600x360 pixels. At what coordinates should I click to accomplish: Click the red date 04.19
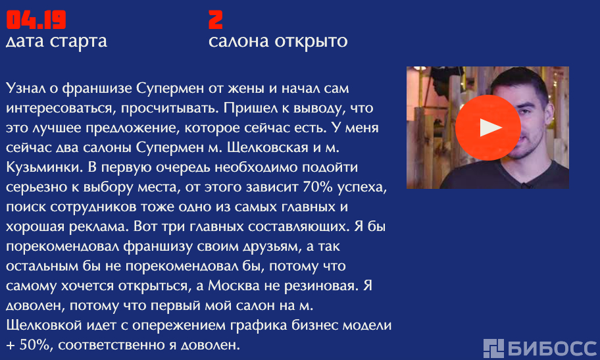point(36,20)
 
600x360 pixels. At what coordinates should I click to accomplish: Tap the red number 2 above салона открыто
point(215,20)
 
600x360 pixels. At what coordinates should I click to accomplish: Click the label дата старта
point(57,41)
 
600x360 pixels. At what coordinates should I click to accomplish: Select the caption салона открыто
point(278,41)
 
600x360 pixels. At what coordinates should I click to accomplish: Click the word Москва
point(234,286)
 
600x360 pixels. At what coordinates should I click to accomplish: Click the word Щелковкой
point(44,325)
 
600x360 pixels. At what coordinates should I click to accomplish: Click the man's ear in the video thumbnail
point(547,114)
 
